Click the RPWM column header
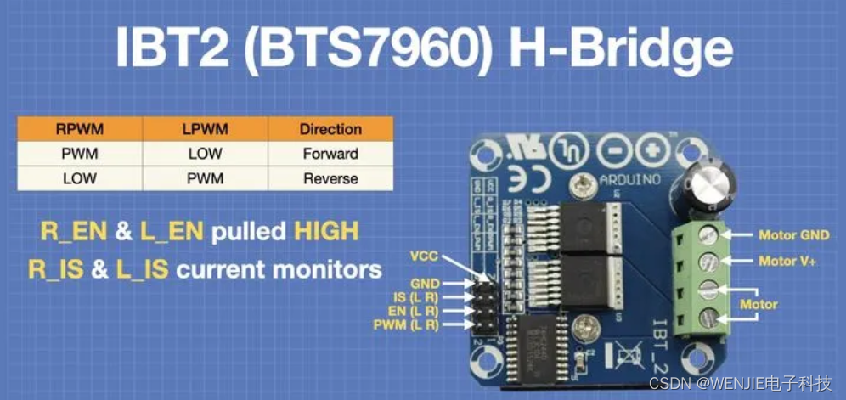[x=80, y=129]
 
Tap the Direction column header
[x=330, y=129]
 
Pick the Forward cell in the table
[x=330, y=154]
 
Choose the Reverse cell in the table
[x=330, y=178]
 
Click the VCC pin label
[x=423, y=255]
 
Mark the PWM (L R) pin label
[x=406, y=324]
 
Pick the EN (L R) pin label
[x=411, y=312]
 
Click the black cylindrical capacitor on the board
[x=707, y=189]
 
